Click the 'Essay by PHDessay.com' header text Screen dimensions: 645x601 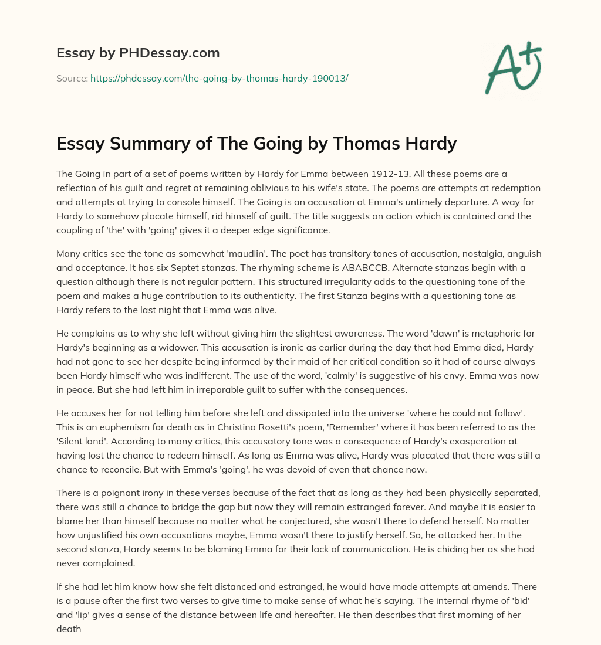[x=138, y=53]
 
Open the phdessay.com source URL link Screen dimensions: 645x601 [x=219, y=78]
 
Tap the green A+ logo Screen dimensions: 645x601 [x=512, y=68]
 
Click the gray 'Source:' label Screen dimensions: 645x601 [x=72, y=78]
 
